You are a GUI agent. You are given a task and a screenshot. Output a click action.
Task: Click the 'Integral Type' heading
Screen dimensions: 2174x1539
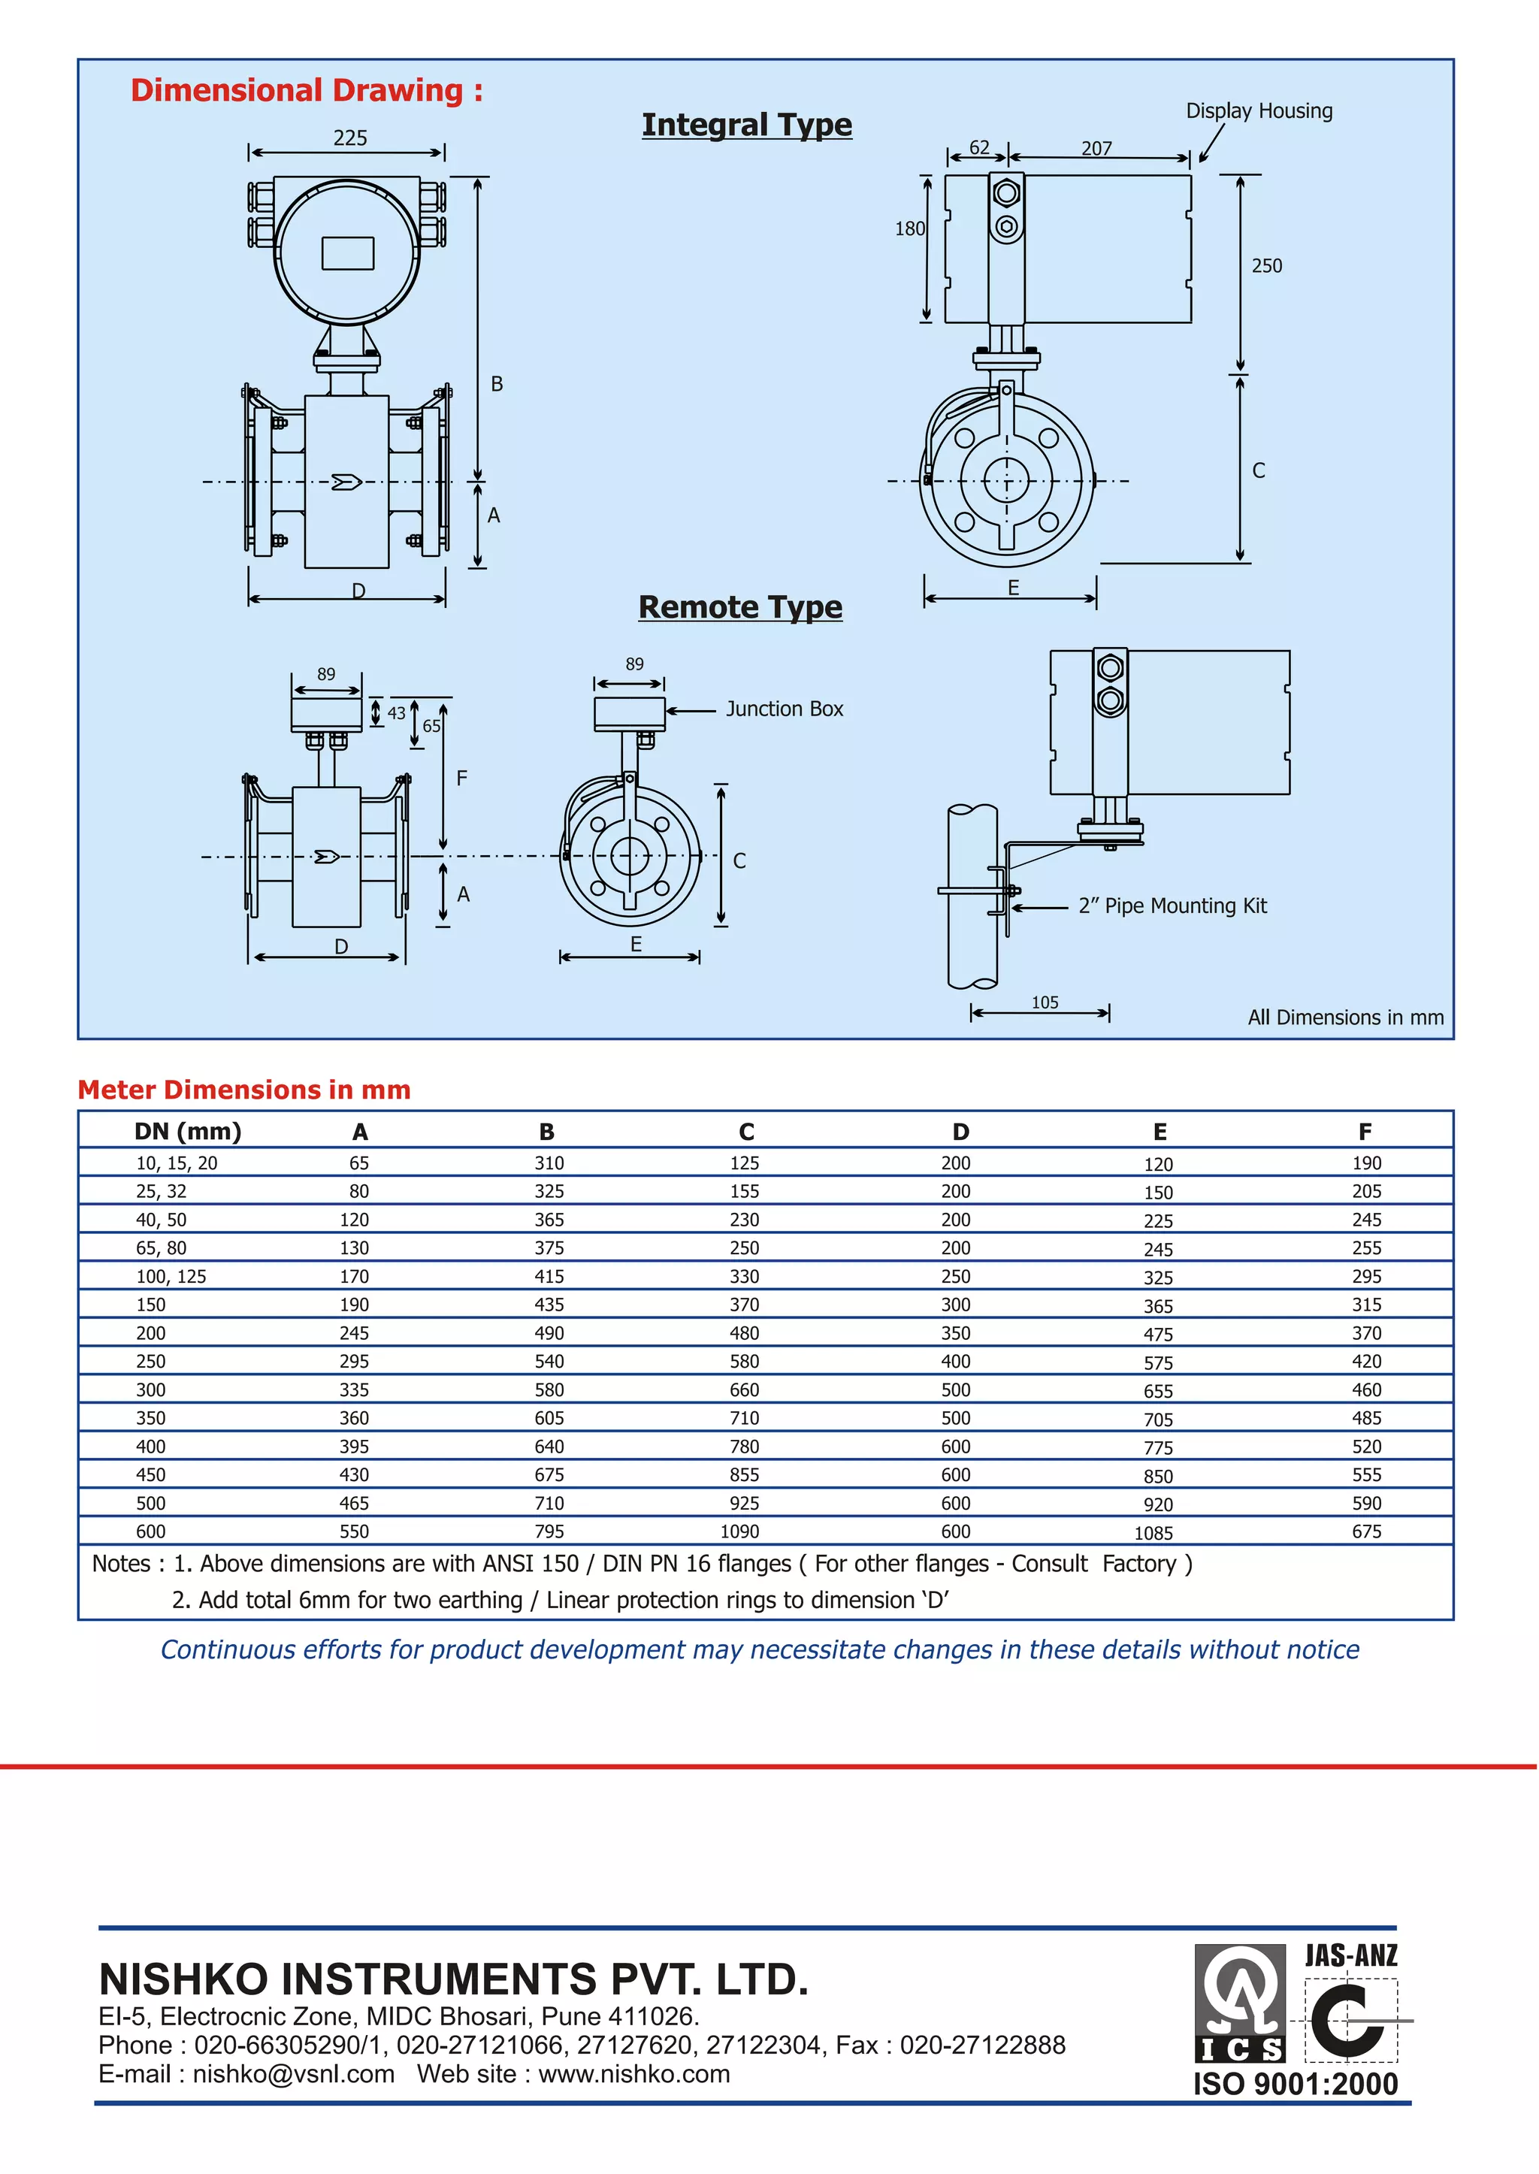click(x=747, y=125)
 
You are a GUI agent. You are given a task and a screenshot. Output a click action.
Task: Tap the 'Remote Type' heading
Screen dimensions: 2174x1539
click(x=740, y=606)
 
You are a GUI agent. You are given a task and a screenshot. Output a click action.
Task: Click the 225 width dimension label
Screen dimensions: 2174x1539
click(x=349, y=138)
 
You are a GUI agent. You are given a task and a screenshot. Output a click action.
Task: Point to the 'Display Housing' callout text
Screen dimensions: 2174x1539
click(x=1259, y=111)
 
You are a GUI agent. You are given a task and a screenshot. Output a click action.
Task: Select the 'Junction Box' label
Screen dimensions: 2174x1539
click(x=784, y=709)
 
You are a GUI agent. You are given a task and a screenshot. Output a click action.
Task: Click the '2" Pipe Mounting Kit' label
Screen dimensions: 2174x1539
click(x=1172, y=906)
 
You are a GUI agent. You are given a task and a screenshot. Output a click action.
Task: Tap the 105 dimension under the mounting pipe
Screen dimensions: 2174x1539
click(x=1045, y=1002)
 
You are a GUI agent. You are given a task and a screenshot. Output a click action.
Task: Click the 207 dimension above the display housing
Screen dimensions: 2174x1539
click(x=1096, y=149)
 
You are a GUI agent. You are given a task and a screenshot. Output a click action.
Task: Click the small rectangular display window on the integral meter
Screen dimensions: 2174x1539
click(x=348, y=254)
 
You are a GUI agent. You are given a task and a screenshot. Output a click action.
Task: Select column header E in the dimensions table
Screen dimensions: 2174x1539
click(x=1159, y=1132)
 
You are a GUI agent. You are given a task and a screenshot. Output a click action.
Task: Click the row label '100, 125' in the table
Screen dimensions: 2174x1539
click(x=171, y=1277)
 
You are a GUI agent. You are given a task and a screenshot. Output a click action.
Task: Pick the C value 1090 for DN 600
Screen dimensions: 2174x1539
click(x=740, y=1531)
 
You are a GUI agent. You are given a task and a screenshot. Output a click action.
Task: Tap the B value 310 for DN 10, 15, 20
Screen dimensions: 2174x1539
click(x=549, y=1163)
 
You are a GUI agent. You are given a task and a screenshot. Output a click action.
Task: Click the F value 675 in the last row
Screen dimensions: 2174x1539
click(x=1365, y=1531)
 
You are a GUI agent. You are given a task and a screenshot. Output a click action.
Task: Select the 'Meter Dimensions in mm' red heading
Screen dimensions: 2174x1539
click(x=243, y=1090)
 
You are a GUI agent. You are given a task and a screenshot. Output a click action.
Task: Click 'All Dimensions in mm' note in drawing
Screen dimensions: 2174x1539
click(x=1344, y=1017)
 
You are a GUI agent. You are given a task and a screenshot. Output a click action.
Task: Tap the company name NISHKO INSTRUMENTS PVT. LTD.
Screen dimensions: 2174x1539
click(x=454, y=1979)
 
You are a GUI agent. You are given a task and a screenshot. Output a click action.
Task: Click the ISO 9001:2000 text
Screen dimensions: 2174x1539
click(x=1295, y=2084)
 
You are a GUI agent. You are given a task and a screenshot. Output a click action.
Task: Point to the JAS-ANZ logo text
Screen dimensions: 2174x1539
click(x=1350, y=1955)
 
